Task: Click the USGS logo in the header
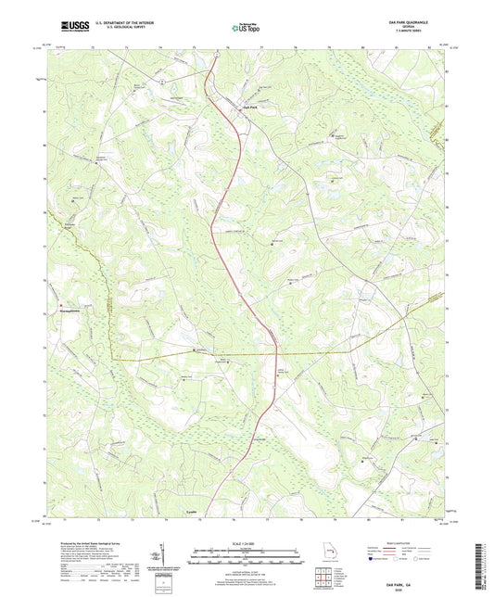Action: point(67,29)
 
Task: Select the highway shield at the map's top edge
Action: point(214,54)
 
